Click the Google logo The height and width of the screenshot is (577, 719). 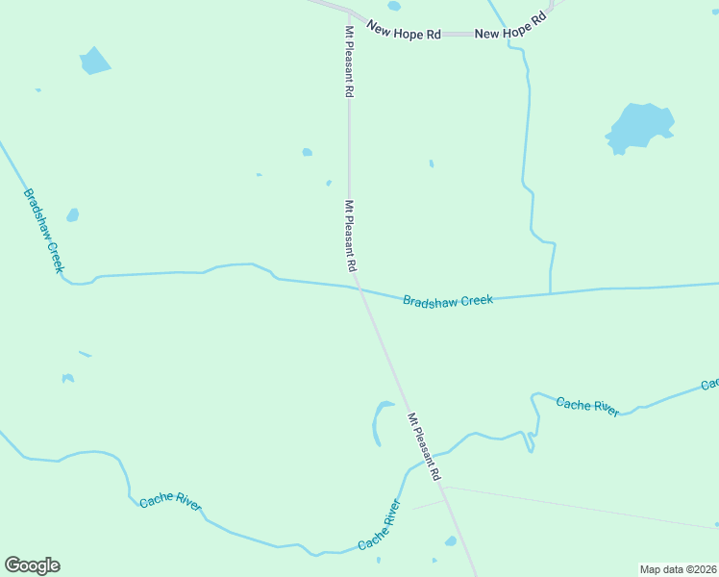(32, 565)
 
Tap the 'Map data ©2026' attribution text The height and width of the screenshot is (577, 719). (678, 568)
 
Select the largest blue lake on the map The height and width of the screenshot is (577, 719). (639, 127)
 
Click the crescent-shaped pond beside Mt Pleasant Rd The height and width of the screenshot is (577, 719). (380, 423)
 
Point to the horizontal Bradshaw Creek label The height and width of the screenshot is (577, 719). (448, 301)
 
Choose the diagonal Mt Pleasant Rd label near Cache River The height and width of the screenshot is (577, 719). (424, 447)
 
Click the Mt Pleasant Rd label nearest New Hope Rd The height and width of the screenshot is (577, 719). (349, 62)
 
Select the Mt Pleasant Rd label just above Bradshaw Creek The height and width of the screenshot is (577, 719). (351, 235)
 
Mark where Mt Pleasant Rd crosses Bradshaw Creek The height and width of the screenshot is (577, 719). (357, 287)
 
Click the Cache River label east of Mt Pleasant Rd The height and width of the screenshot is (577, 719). (587, 406)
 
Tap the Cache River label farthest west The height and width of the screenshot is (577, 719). (170, 502)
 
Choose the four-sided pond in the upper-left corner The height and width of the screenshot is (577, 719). (94, 61)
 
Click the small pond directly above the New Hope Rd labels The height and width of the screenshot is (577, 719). (394, 6)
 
